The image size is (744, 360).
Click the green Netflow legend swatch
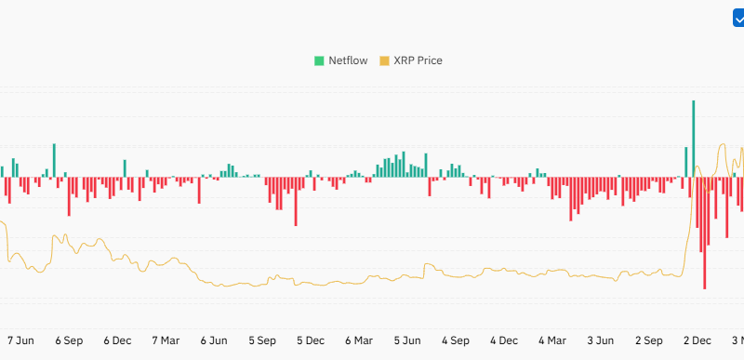point(319,60)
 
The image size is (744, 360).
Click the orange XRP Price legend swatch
point(385,60)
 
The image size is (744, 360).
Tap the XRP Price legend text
point(418,60)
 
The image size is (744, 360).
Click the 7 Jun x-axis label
point(22,340)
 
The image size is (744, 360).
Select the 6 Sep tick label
point(70,340)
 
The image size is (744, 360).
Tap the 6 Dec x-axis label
point(118,340)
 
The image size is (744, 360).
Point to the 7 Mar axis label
point(166,340)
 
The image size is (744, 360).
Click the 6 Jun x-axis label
point(214,340)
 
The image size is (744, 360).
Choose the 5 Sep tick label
point(261,340)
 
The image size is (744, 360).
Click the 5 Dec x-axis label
point(310,340)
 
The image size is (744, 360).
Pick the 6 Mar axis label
point(358,340)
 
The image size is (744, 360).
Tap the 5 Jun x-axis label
point(406,340)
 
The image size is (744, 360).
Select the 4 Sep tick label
point(455,340)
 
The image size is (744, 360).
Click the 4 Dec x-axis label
point(503,340)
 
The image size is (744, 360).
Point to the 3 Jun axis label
point(600,340)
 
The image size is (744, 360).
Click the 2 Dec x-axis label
point(696,340)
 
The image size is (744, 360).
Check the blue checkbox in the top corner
point(738,18)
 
